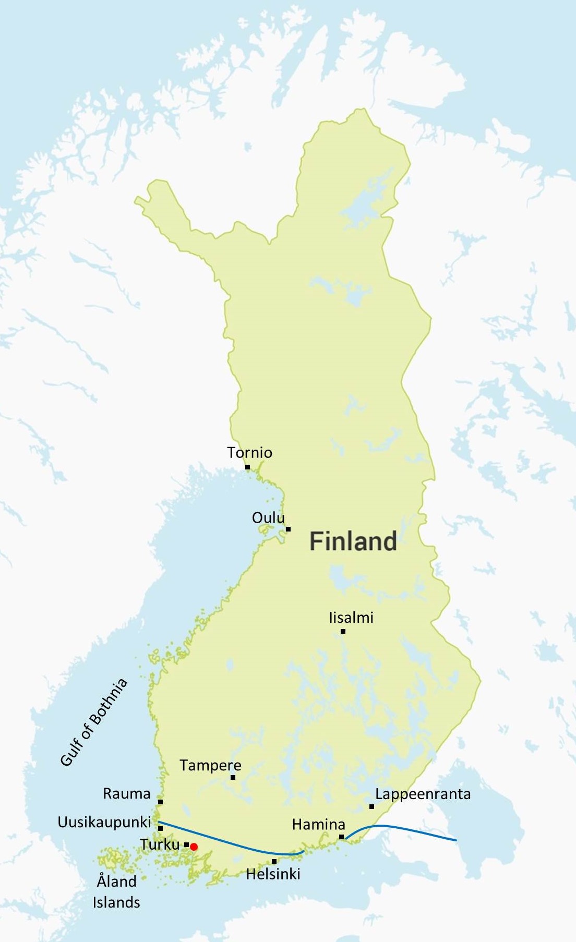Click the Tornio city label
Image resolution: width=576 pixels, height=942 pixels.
click(249, 452)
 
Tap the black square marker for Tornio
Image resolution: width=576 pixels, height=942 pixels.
click(247, 467)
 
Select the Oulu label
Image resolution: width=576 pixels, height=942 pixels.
click(268, 517)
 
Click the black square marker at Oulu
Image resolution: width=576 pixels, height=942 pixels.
click(288, 529)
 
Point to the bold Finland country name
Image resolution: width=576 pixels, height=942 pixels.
click(353, 541)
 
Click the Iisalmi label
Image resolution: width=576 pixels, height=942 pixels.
click(351, 618)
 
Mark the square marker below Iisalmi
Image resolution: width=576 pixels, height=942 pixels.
click(343, 631)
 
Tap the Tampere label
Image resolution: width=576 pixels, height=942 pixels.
click(210, 765)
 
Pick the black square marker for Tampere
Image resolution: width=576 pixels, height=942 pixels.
click(233, 777)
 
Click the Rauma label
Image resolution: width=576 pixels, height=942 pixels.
click(126, 793)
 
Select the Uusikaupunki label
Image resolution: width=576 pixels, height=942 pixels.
click(104, 822)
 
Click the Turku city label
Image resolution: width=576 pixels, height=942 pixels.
click(160, 844)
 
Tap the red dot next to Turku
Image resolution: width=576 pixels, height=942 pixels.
click(194, 847)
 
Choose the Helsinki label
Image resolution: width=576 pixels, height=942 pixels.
click(273, 874)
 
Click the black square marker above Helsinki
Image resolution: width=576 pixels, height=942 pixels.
click(274, 861)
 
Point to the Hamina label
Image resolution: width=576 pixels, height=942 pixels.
click(318, 824)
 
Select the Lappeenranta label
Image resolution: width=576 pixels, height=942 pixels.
click(423, 794)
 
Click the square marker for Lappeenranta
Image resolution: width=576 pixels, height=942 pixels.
click(371, 806)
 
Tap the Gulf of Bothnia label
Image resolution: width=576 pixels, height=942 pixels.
click(94, 722)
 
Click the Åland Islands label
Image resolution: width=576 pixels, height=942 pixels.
click(116, 891)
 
